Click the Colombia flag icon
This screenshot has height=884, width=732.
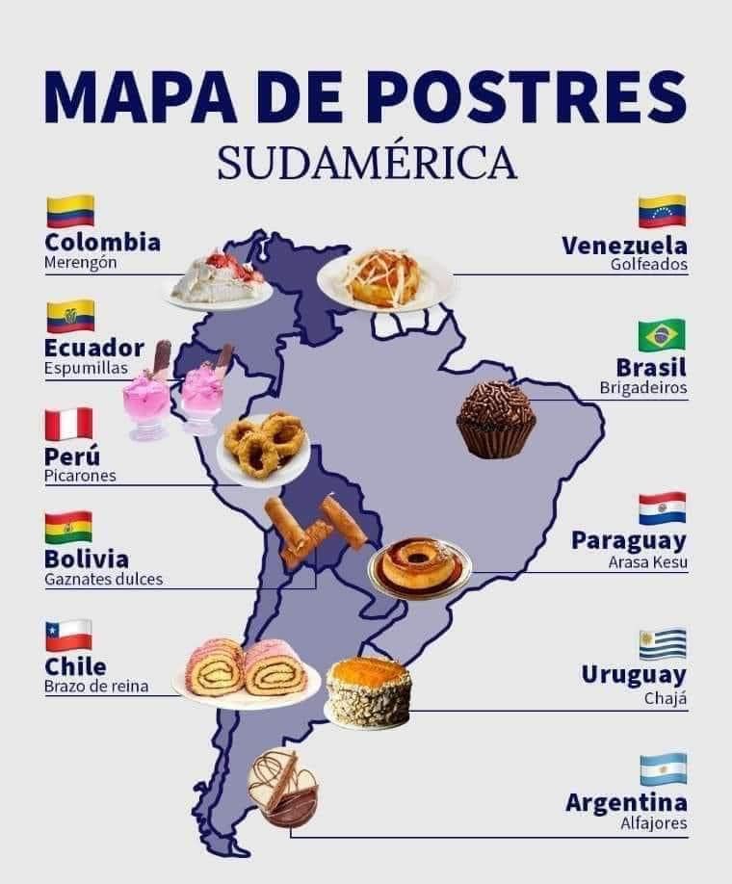(70, 211)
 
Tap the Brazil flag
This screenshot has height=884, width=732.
(662, 335)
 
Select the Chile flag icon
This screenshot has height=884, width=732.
(68, 636)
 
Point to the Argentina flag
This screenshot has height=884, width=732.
(663, 769)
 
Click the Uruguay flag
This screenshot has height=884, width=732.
(663, 643)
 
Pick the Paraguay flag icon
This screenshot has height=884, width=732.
(663, 508)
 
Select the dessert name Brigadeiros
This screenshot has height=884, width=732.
(643, 388)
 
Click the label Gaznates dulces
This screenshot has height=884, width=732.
(104, 580)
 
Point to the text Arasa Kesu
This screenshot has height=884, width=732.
(648, 562)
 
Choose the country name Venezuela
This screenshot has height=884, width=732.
(624, 244)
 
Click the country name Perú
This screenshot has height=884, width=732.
(72, 455)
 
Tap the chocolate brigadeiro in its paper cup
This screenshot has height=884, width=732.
(495, 419)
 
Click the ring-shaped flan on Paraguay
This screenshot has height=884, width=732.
(419, 565)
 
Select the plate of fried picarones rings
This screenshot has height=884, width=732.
(263, 446)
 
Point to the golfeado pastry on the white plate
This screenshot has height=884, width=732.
(384, 279)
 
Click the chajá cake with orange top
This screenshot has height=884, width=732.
(368, 690)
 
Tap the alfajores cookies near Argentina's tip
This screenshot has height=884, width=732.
(281, 788)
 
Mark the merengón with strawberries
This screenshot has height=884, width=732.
(219, 277)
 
